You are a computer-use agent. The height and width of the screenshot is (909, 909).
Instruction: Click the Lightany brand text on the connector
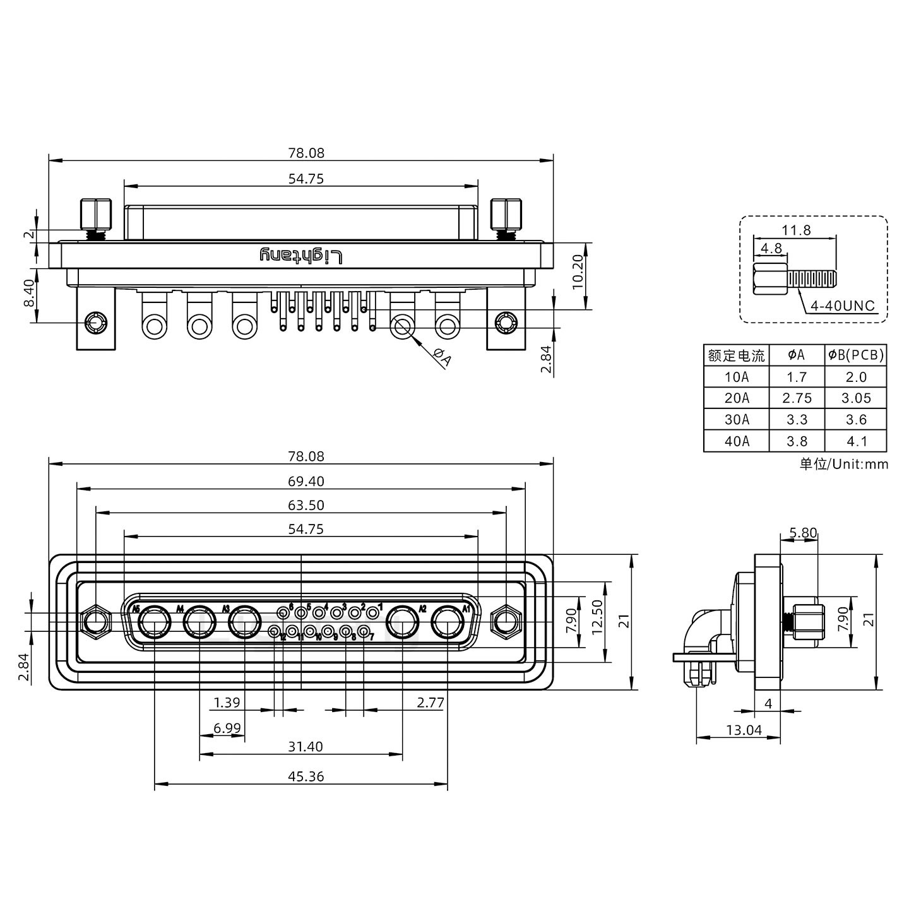[x=302, y=256]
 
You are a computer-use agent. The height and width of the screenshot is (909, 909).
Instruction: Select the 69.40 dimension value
[x=306, y=482]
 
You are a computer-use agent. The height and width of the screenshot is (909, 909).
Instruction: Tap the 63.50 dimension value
[x=306, y=506]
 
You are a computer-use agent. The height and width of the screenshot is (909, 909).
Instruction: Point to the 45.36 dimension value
[x=306, y=776]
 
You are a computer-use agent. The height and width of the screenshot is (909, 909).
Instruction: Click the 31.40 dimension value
[x=306, y=747]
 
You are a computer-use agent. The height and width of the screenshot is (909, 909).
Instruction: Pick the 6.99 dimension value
[x=227, y=728]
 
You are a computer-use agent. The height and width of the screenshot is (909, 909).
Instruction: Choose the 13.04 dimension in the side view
[x=744, y=730]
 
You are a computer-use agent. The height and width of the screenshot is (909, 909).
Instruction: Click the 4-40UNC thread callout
[x=843, y=306]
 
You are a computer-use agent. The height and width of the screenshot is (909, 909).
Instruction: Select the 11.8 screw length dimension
[x=796, y=230]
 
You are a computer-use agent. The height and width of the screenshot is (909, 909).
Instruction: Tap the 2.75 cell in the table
[x=797, y=398]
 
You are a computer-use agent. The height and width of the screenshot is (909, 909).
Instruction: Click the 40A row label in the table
[x=737, y=441]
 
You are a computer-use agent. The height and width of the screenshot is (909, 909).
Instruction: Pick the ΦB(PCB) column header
[x=856, y=355]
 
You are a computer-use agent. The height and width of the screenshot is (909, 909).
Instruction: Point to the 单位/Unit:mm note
[x=843, y=465]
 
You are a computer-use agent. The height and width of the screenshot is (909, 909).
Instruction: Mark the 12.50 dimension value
[x=597, y=617]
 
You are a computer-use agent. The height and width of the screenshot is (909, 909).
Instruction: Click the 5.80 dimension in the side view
[x=803, y=533]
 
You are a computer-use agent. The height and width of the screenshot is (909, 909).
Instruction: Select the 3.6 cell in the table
[x=856, y=420]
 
